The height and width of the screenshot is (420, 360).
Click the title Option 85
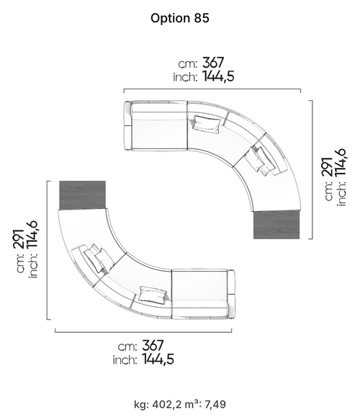click(x=180, y=18)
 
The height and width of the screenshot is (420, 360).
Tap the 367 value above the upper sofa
click(x=213, y=63)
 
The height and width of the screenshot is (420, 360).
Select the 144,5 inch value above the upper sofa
click(x=218, y=76)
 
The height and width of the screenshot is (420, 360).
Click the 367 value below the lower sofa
click(x=153, y=345)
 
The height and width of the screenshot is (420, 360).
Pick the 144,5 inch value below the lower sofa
click(x=158, y=359)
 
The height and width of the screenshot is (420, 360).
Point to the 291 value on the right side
click(x=328, y=166)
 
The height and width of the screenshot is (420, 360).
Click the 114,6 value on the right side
click(x=340, y=162)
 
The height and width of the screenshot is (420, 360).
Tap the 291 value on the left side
click(x=19, y=238)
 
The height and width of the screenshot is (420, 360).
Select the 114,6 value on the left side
click(x=32, y=235)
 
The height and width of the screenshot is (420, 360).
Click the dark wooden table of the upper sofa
click(x=276, y=225)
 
